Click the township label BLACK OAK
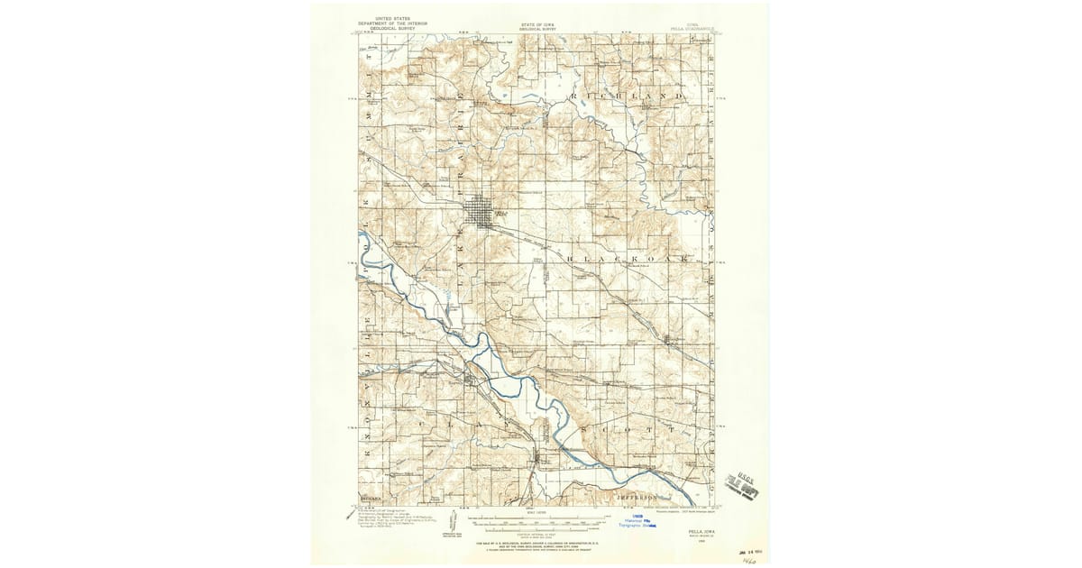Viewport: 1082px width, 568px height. (631, 259)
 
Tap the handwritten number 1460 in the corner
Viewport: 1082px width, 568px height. (747, 559)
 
